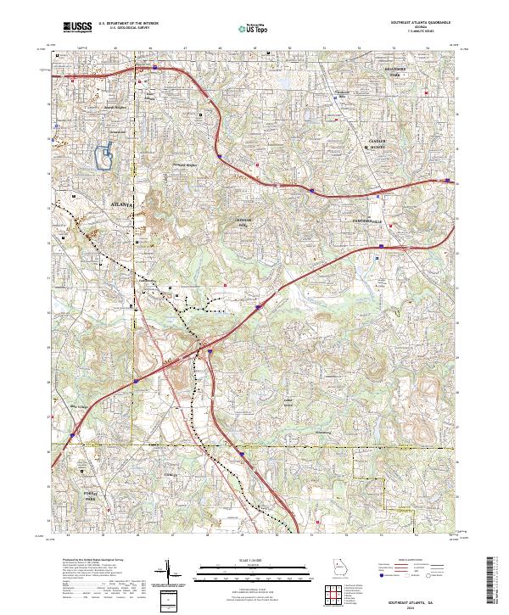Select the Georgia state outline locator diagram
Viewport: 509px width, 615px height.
click(x=341, y=567)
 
